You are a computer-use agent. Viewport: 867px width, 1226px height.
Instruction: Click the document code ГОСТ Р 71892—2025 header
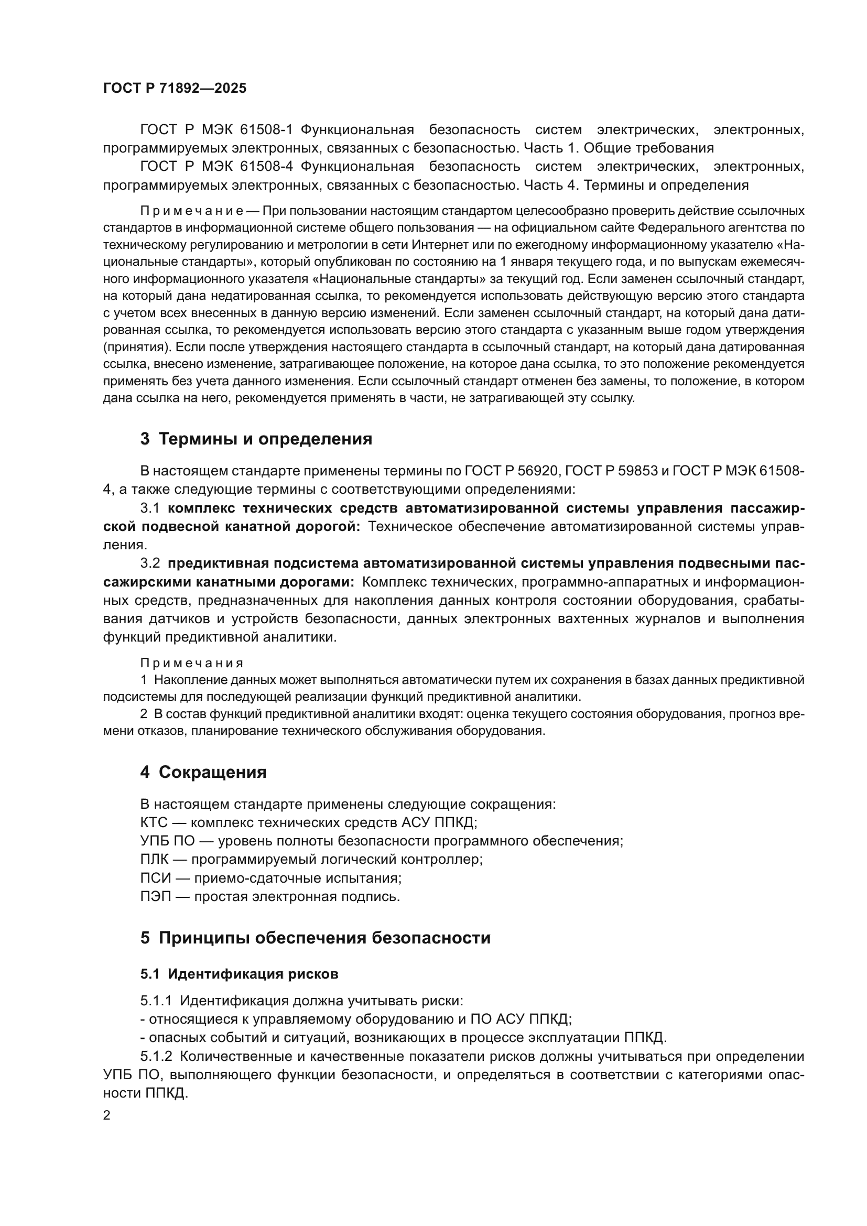[x=175, y=89]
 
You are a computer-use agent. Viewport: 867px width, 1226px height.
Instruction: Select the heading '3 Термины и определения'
[x=256, y=439]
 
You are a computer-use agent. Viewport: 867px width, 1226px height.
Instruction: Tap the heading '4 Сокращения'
[x=203, y=773]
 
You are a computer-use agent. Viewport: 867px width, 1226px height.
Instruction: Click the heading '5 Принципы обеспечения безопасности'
[x=315, y=938]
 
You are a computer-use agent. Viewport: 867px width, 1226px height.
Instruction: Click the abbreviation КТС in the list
[x=154, y=822]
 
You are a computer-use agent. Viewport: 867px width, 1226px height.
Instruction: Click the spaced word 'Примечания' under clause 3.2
[x=192, y=663]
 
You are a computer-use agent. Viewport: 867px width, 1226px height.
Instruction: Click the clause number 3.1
[x=150, y=508]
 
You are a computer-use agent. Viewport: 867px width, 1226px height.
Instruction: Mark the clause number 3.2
[x=150, y=564]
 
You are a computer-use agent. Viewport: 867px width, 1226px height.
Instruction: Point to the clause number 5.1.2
[x=156, y=1057]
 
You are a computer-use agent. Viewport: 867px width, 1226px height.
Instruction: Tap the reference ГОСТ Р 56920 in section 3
[x=512, y=471]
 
